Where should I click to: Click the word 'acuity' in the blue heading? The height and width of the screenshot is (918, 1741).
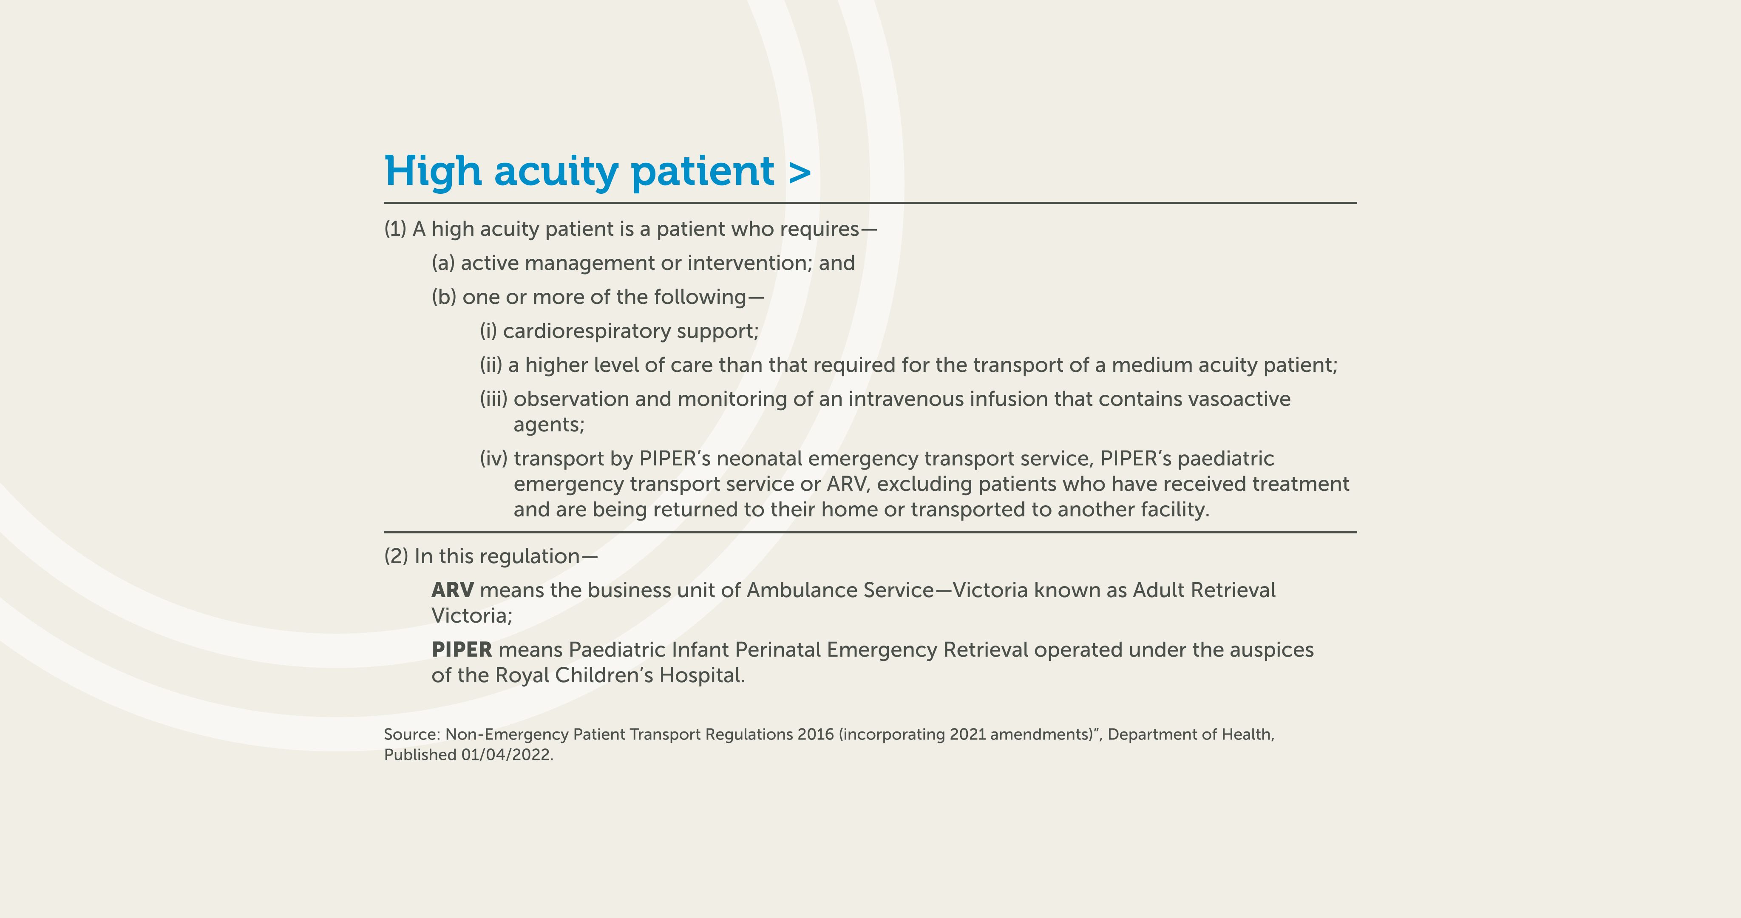point(556,172)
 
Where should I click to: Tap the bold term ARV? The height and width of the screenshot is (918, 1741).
point(452,590)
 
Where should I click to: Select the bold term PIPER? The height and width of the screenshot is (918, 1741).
point(462,650)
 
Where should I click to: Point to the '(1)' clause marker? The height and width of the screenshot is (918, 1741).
point(395,229)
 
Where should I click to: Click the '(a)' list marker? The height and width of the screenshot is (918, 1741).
point(443,263)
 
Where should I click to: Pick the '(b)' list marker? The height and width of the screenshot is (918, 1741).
point(444,297)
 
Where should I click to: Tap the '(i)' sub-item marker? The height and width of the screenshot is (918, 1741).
point(488,331)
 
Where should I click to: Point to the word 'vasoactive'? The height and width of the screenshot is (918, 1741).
point(1239,399)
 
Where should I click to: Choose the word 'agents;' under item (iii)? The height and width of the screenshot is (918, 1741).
point(549,425)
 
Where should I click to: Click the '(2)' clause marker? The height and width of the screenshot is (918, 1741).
point(396,556)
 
